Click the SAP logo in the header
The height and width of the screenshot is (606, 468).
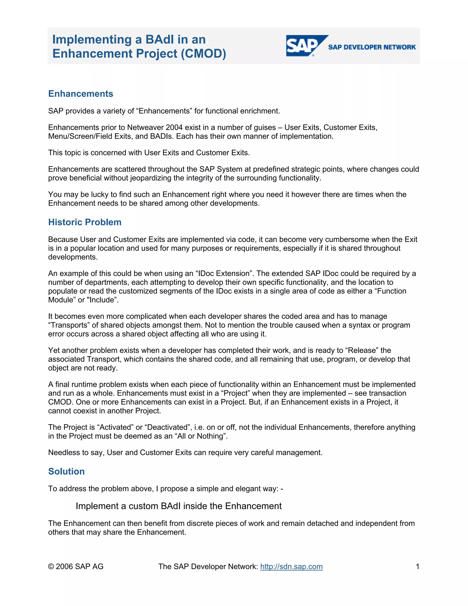[x=304, y=46]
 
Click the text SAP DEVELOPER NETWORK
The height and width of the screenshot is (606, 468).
[x=372, y=47]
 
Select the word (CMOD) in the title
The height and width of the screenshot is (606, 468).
[x=204, y=54]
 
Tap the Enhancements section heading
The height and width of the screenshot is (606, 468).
[x=81, y=94]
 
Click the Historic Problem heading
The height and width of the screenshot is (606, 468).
[x=85, y=222]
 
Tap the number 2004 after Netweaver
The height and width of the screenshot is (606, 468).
[x=174, y=127]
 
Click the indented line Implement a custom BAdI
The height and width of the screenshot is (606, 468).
[x=178, y=506]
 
